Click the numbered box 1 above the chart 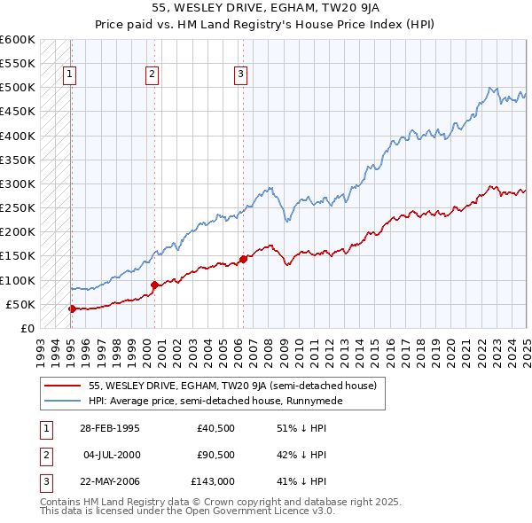69,75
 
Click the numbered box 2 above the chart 153,75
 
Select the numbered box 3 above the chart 241,75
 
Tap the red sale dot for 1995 72,308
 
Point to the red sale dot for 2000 154,285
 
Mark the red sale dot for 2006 243,259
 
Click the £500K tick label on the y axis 17,88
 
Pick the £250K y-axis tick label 17,208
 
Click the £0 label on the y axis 27,329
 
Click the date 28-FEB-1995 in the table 109,428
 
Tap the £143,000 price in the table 213,482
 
